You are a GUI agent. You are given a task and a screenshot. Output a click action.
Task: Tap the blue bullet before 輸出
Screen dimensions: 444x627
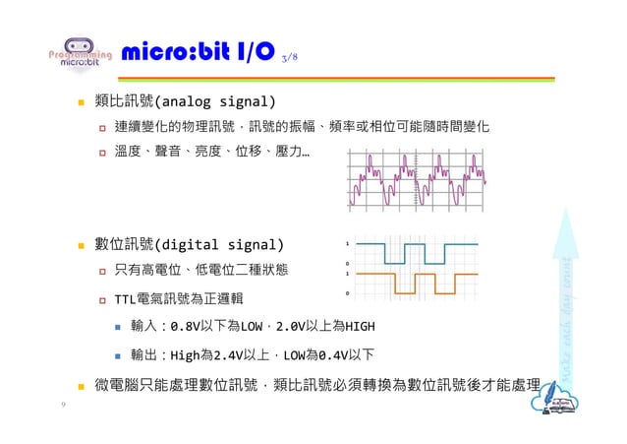click(116, 355)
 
